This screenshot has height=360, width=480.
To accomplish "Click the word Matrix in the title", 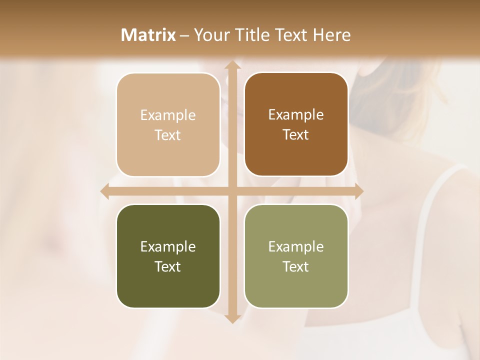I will [148, 35].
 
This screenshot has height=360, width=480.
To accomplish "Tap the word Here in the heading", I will [332, 35].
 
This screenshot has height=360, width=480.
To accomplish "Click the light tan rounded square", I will [168, 124].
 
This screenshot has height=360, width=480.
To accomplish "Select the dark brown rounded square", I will [296, 124].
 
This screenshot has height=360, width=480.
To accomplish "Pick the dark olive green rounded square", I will [168, 256].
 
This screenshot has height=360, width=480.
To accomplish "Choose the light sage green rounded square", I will [296, 256].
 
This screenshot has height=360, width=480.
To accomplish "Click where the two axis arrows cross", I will [232, 191].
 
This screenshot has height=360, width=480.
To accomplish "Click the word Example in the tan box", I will [168, 115].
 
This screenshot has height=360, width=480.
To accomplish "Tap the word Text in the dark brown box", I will [296, 134].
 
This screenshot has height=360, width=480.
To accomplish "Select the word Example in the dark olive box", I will [168, 246].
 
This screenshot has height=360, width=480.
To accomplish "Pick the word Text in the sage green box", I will [296, 266].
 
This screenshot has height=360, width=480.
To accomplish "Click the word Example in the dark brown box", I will [296, 114].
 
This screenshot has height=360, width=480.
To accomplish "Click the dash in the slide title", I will [185, 35].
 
